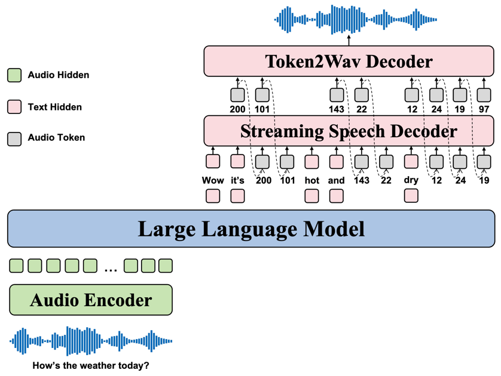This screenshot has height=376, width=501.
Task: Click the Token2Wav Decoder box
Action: [349, 61]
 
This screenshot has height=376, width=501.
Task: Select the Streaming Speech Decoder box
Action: [349, 131]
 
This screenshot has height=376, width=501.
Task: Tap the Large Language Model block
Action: [251, 229]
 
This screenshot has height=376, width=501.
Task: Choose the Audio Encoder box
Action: [91, 300]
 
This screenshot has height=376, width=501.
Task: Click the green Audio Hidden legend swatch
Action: [14, 75]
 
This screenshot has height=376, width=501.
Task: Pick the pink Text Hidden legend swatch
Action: [14, 107]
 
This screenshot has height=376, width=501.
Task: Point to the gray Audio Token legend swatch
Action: [14, 139]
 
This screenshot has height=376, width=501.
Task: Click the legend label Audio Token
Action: [57, 137]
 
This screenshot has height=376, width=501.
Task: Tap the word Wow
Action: [213, 180]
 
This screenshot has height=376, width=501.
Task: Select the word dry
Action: [411, 180]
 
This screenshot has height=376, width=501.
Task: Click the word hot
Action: [312, 180]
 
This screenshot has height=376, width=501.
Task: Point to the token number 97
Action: [484, 109]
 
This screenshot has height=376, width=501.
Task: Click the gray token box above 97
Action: [484, 95]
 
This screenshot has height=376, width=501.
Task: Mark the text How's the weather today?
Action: [91, 365]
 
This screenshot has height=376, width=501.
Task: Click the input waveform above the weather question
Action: [91, 341]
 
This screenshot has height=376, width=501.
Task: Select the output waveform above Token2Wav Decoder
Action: [355, 20]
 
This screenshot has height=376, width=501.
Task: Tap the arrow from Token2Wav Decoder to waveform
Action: [349, 41]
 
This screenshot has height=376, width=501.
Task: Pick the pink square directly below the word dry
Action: [411, 196]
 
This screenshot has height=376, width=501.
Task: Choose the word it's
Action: [237, 180]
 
